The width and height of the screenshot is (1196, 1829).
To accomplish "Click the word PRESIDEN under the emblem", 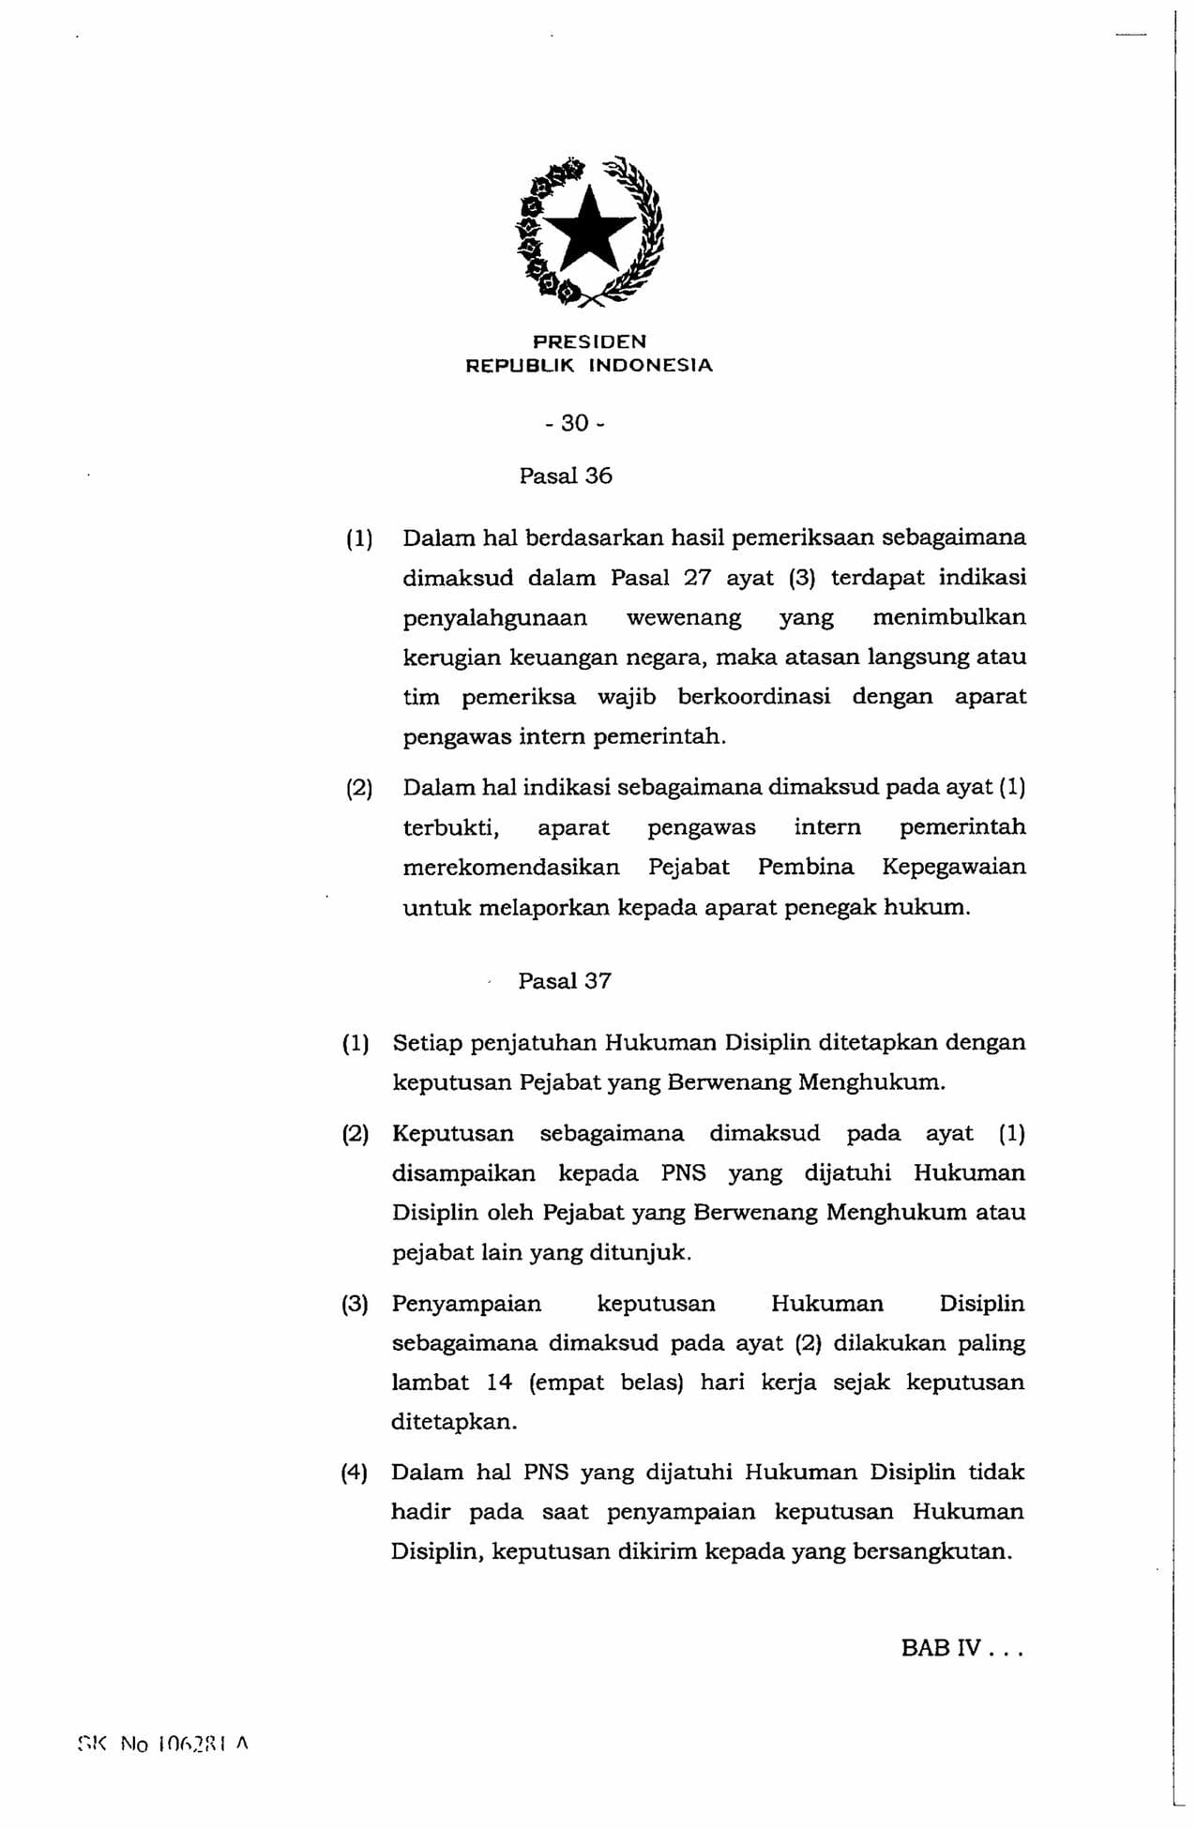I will point(589,341).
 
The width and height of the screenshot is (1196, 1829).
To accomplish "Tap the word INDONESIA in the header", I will point(650,366).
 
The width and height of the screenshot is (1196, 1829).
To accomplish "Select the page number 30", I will point(575,423).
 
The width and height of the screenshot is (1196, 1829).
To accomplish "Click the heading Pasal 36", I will point(566,476).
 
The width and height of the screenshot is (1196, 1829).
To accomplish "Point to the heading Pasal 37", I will point(565,981).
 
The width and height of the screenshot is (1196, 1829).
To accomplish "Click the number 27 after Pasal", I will point(697,578).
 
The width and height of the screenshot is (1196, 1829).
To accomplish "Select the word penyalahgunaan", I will point(495,618).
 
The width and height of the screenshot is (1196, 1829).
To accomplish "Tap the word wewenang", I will point(684,618).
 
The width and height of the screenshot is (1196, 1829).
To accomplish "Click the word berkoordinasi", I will point(754,697).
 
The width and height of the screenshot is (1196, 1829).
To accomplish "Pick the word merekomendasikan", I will point(511,867).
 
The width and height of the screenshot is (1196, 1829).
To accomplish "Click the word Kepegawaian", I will point(954,867).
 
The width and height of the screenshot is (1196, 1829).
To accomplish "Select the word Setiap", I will point(427,1043).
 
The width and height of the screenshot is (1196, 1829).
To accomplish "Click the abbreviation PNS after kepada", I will point(683,1173).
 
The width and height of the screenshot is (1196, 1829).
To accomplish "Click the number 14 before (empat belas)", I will point(499,1383).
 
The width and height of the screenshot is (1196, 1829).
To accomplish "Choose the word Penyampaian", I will point(466,1304).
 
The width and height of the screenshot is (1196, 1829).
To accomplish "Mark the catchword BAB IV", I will point(941,1648).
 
